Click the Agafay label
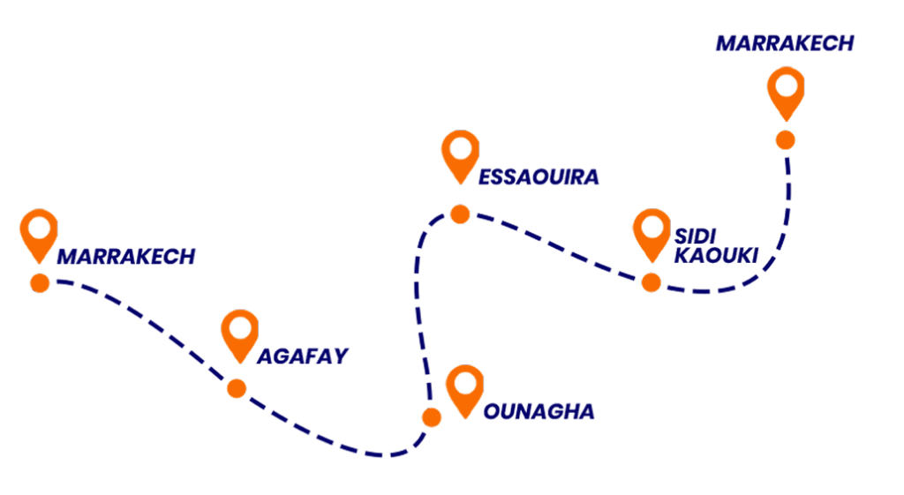coord(303,356)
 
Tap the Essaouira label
coord(539,176)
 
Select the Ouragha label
coord(539,411)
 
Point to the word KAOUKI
coord(716,255)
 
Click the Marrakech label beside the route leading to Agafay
coord(125,256)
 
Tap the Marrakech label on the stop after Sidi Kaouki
coord(785,43)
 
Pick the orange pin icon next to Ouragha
coord(464,389)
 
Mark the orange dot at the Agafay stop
coord(237,388)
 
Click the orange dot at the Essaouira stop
coord(460,214)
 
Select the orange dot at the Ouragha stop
coord(432,417)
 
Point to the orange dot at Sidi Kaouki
coord(652,282)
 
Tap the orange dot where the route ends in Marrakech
coord(785,140)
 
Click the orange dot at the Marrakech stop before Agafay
coord(40,283)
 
